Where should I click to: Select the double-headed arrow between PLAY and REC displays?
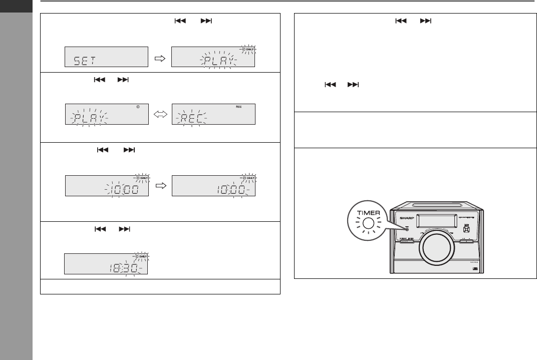(x=160, y=115)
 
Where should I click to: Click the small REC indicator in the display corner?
(x=239, y=106)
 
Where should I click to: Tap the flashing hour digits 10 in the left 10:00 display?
(x=114, y=190)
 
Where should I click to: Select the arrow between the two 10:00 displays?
(x=160, y=186)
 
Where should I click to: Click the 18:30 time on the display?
(x=123, y=268)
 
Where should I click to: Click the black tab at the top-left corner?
(x=17, y=7)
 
